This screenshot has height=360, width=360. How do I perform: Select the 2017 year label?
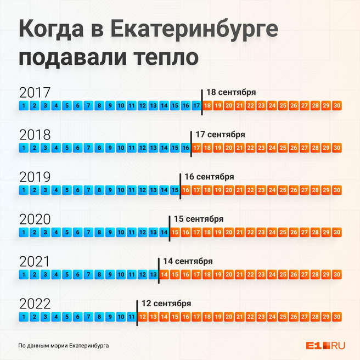coord(35,92)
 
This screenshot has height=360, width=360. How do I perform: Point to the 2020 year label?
coord(35,220)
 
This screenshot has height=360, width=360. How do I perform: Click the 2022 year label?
coord(35,303)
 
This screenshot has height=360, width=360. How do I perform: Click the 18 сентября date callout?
coord(231,92)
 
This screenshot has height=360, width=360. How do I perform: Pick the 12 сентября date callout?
coord(166,303)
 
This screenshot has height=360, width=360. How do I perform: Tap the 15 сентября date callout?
coord(198,218)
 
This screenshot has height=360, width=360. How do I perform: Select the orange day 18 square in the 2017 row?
coord(207,105)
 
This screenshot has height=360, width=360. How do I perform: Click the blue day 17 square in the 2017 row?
coord(196,105)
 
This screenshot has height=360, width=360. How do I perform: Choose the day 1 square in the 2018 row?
coord(24,148)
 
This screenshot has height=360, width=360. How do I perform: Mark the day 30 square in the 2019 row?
coord(337,190)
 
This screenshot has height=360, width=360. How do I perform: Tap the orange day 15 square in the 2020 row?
coord(175,232)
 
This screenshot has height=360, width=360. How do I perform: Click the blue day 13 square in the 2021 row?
coord(153,274)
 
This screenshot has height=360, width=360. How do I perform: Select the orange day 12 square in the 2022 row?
coord(143,317)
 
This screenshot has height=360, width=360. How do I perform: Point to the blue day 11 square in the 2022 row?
coord(132,317)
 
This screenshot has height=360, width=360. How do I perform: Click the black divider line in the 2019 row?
coord(180,184)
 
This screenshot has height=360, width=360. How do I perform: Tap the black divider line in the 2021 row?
coord(159,269)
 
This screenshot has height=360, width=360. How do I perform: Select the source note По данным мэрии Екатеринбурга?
coord(63,346)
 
